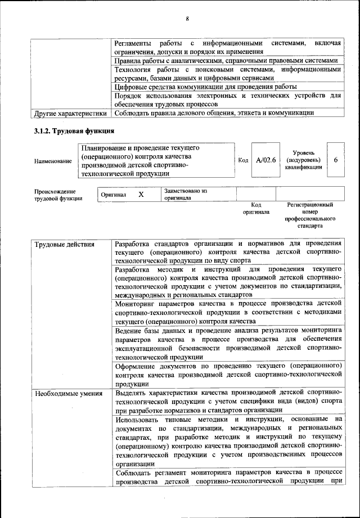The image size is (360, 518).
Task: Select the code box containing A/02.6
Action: (265, 160)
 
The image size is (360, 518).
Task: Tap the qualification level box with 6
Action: (335, 160)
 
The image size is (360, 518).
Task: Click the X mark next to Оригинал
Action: (142, 195)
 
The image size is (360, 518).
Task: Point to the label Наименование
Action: (53, 161)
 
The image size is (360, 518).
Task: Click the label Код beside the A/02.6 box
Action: (243, 160)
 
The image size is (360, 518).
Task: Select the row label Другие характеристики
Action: (70, 113)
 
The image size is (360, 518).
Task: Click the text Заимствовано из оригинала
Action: (186, 195)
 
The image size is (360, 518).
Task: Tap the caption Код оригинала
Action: (256, 209)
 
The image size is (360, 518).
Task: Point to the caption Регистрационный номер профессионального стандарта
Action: (310, 215)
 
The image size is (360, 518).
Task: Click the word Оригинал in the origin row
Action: (114, 195)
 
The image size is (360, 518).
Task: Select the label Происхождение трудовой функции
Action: (58, 195)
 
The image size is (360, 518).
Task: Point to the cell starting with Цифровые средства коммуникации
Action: (205, 87)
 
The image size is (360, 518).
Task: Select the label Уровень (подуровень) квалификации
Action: (303, 160)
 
